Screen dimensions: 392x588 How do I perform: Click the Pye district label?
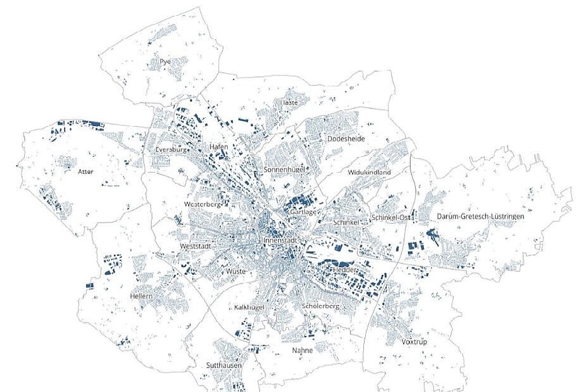(x=165, y=62)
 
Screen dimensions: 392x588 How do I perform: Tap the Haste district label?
(x=289, y=103)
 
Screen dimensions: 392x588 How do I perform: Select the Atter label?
(x=85, y=171)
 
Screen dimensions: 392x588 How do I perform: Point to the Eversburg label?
(x=171, y=150)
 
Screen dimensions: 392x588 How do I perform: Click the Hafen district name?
(x=219, y=147)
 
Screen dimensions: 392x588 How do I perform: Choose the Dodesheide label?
(x=346, y=139)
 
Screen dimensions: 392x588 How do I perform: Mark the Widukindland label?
(x=369, y=172)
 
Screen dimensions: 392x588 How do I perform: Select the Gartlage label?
(x=303, y=212)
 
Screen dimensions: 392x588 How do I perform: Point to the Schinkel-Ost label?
(x=392, y=217)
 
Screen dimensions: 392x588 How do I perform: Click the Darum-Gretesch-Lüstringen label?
(x=480, y=216)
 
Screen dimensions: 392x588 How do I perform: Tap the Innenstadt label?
(x=280, y=240)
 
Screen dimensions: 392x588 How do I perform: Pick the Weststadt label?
(x=195, y=246)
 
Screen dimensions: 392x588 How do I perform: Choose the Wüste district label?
(x=236, y=271)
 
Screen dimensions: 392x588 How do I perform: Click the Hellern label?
(x=141, y=296)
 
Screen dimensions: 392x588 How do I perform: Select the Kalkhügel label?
(x=249, y=307)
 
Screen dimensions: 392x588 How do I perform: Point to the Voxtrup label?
(x=414, y=341)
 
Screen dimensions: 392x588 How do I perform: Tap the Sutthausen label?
(x=224, y=365)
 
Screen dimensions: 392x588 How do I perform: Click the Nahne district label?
(x=302, y=350)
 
